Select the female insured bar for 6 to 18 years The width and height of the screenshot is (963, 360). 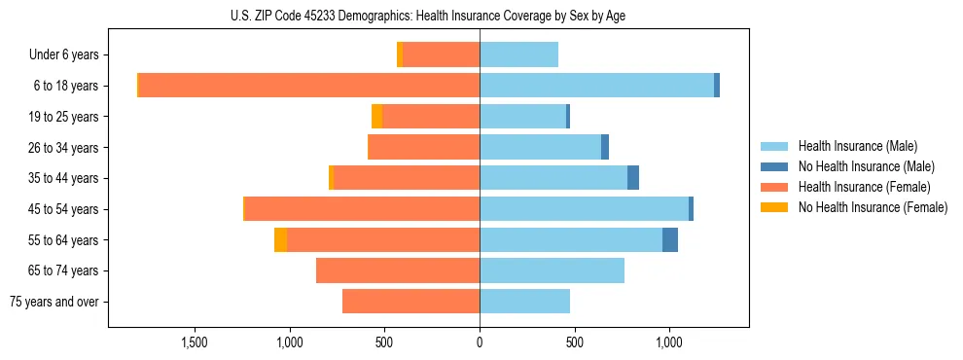click(309, 86)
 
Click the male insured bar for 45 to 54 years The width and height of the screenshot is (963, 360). click(584, 209)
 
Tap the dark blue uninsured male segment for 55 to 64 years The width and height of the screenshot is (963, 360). click(670, 239)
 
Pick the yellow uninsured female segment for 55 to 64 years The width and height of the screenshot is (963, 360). click(280, 239)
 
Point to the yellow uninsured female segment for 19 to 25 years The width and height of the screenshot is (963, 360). click(376, 117)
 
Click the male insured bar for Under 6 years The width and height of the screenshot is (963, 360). click(518, 54)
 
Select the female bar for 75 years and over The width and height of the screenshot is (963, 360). click(410, 302)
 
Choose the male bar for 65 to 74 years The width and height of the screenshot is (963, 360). click(552, 270)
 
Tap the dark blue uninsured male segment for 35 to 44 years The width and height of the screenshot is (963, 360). click(633, 178)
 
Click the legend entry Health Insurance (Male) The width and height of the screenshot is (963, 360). click(857, 146)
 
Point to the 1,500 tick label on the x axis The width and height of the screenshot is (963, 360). click(195, 342)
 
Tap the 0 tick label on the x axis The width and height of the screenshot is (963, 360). click(480, 342)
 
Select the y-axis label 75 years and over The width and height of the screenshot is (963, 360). click(53, 302)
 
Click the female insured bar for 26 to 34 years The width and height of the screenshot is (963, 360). click(424, 147)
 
